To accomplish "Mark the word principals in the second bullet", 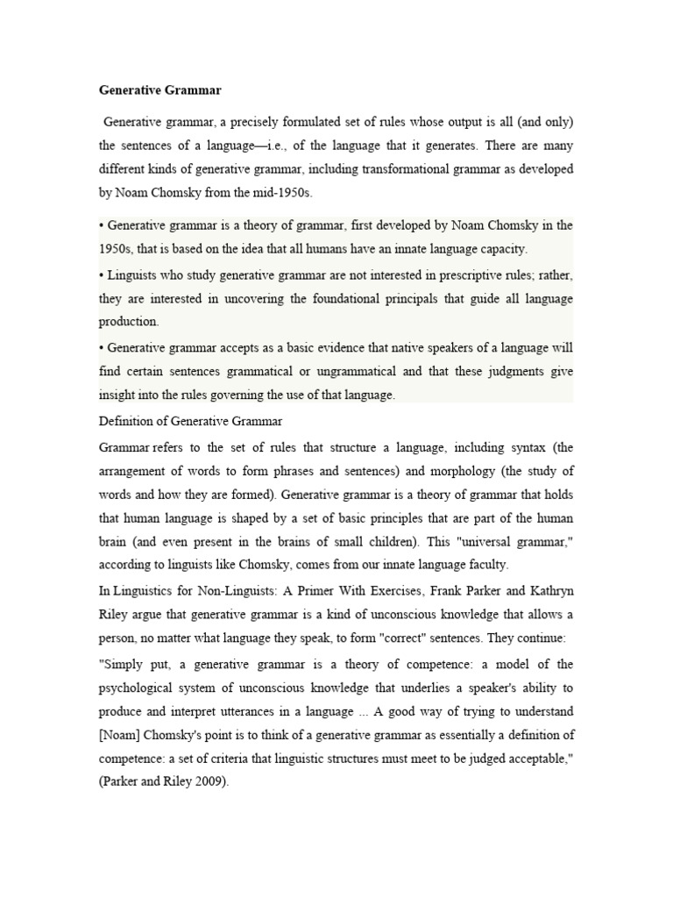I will [x=416, y=299].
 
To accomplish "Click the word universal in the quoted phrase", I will [x=479, y=542].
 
